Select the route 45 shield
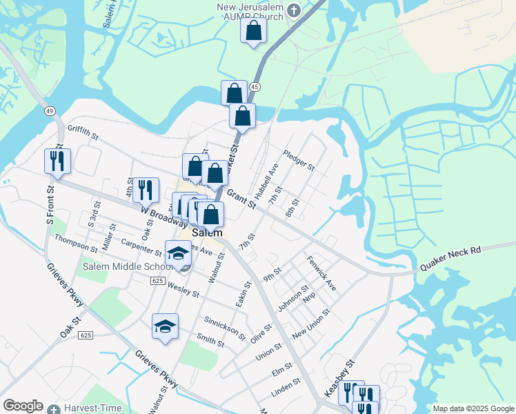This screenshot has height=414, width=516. (x=255, y=87)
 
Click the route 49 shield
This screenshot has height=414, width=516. (x=49, y=110)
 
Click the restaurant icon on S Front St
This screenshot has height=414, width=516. (x=57, y=161)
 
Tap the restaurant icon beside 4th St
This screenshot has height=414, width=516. (x=146, y=190)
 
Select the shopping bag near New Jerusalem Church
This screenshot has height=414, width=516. (x=254, y=31)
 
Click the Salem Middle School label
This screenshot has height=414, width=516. (x=128, y=267)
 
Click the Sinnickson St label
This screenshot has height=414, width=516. (x=225, y=327)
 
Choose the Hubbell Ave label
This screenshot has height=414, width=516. (x=266, y=181)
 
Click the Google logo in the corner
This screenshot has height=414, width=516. (x=23, y=406)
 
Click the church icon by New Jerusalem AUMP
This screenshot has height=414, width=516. (x=294, y=10)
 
